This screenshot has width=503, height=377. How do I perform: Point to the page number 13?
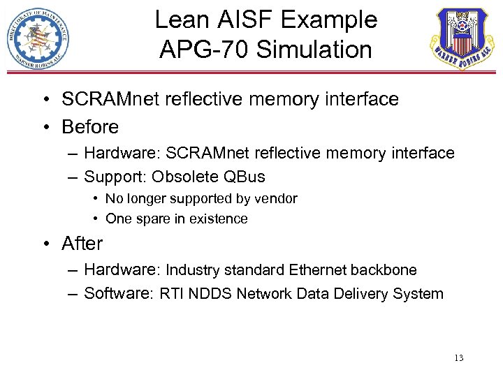point(458,358)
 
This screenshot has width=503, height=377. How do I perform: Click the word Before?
point(90,127)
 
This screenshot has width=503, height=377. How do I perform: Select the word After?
point(82,244)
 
